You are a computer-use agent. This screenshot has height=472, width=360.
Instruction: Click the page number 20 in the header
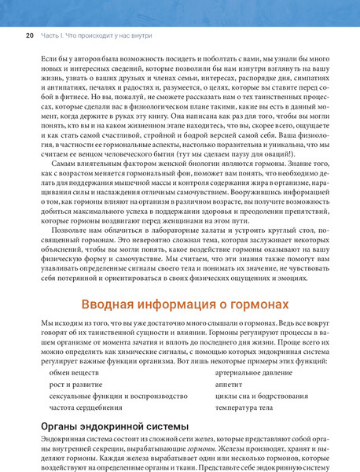28,35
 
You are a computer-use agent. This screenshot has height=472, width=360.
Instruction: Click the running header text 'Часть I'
50,35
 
